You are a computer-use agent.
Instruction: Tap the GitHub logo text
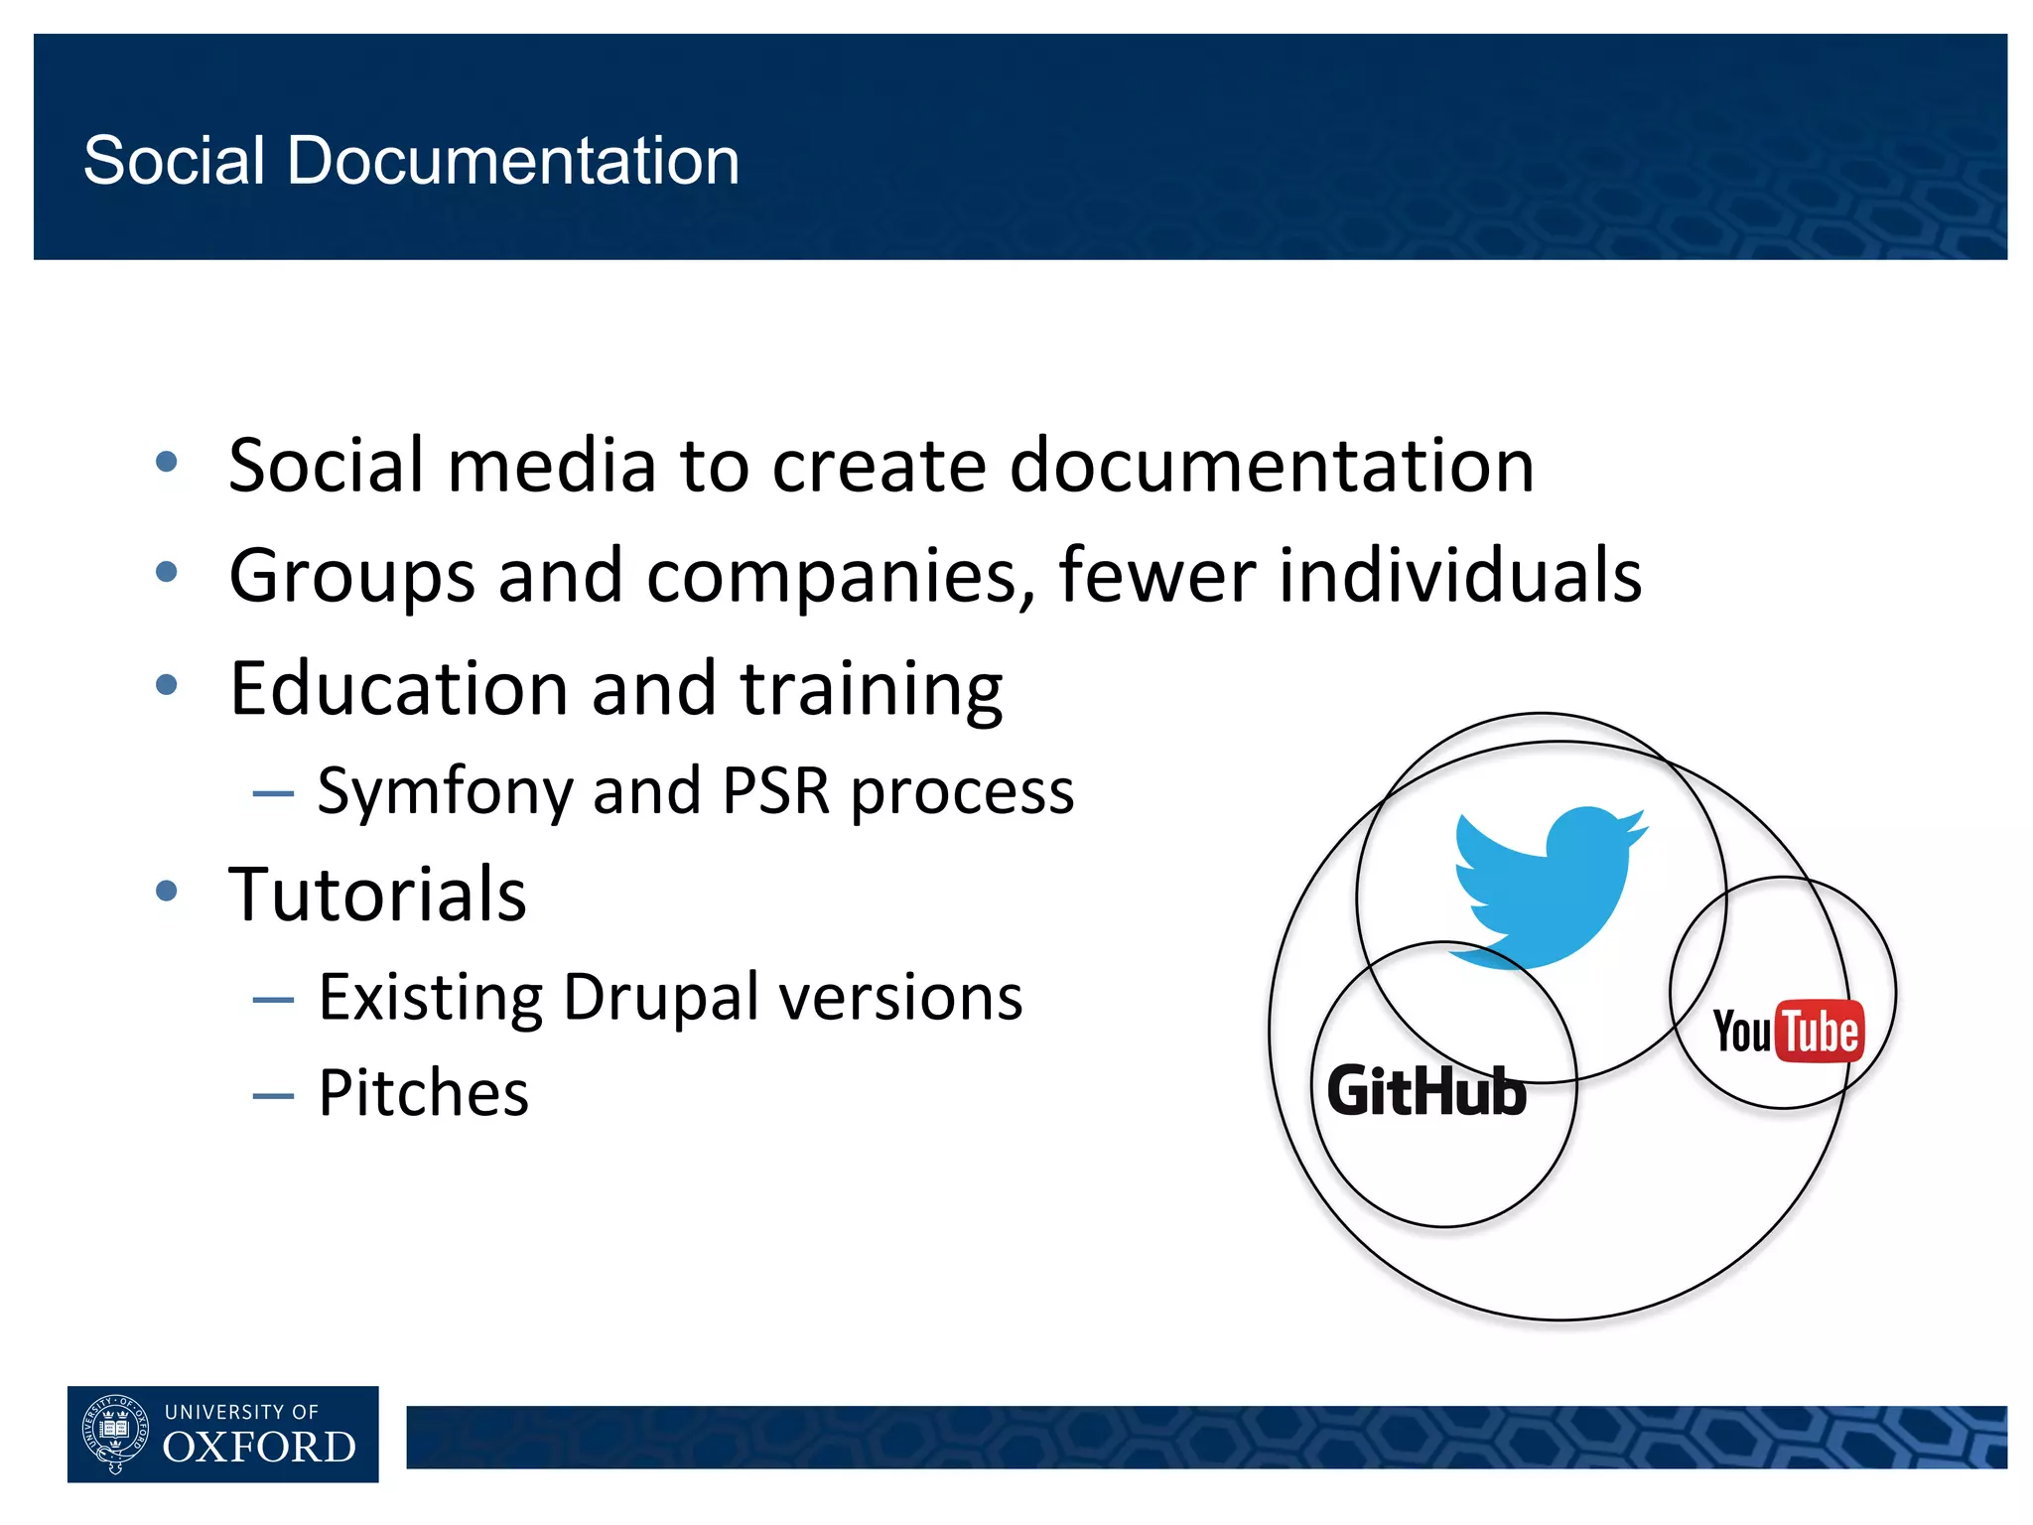pos(1426,1091)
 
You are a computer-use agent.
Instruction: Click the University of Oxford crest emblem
pos(115,1434)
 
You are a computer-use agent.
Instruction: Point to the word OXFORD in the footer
pos(259,1448)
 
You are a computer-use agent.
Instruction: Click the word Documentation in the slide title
pos(513,161)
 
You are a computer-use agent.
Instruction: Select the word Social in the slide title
pos(175,161)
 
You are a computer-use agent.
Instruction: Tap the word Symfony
pos(445,792)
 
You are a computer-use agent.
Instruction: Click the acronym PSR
pos(775,792)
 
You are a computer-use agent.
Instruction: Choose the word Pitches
pos(424,1093)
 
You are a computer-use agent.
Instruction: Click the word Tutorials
pos(377,894)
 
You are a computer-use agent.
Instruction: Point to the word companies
pos(842,576)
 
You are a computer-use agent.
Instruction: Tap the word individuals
pos(1459,576)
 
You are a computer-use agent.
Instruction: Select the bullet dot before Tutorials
pos(167,891)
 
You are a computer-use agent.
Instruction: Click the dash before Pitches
pos(273,1096)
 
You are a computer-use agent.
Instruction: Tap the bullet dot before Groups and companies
pos(167,572)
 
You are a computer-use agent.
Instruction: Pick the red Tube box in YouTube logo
pos(1820,1032)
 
